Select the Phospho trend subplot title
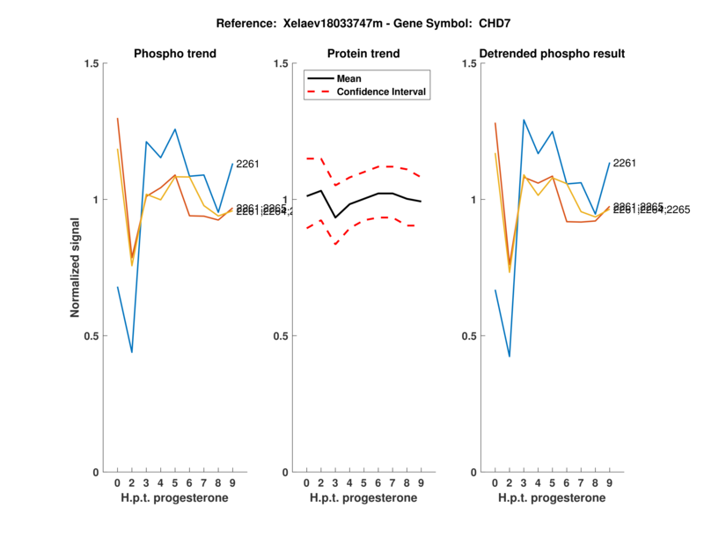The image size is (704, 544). coord(175,54)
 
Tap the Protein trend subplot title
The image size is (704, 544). coord(363,54)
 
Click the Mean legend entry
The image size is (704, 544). coord(349,78)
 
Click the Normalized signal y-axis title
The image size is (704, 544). coord(77,268)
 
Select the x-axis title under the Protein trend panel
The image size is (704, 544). coord(363,498)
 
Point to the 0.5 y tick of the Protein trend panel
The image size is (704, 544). coord(283,336)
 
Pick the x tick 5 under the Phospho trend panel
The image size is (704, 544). coord(175,483)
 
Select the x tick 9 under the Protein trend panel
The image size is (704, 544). coord(422,483)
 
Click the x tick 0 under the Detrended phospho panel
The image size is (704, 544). coord(495,483)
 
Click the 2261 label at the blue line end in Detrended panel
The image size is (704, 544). coord(625,164)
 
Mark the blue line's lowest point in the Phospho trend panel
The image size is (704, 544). coord(132,352)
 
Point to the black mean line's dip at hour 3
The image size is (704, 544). coord(335,217)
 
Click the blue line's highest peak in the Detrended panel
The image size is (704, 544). coord(524,120)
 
